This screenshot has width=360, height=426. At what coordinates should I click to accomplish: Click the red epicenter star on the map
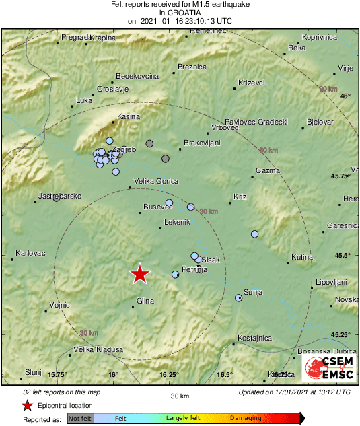tap(139, 274)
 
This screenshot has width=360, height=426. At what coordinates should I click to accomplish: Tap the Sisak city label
tap(211, 259)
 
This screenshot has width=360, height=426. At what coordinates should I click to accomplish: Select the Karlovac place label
tap(30, 253)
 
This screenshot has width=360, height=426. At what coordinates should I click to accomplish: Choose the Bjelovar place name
tap(320, 122)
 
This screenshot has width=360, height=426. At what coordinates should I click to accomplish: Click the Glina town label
tap(145, 300)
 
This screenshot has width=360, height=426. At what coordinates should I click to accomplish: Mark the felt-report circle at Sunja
tap(238, 297)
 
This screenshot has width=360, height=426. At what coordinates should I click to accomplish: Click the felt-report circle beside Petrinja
tap(176, 274)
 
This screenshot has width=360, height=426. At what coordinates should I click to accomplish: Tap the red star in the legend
tap(27, 405)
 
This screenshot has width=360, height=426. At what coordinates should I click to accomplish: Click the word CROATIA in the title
tap(180, 13)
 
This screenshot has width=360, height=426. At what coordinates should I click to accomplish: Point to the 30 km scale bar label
tap(180, 395)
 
